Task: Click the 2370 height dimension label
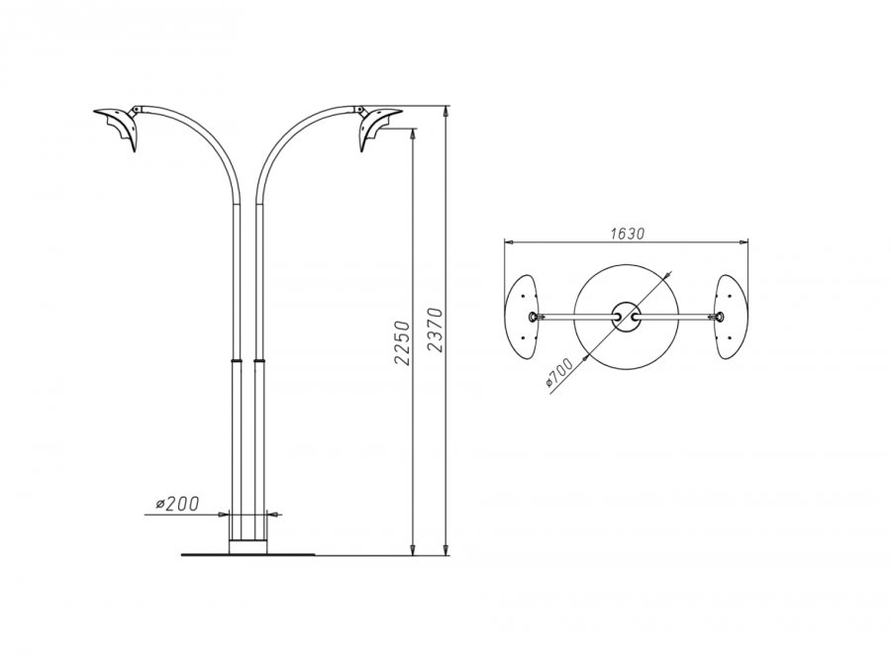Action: tap(435, 329)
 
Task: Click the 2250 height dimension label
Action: tap(402, 342)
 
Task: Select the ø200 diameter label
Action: tap(177, 504)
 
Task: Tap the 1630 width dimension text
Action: tap(628, 234)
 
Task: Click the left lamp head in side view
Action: tap(117, 128)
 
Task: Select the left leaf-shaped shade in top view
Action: tap(521, 317)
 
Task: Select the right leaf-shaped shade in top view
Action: tap(733, 317)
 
